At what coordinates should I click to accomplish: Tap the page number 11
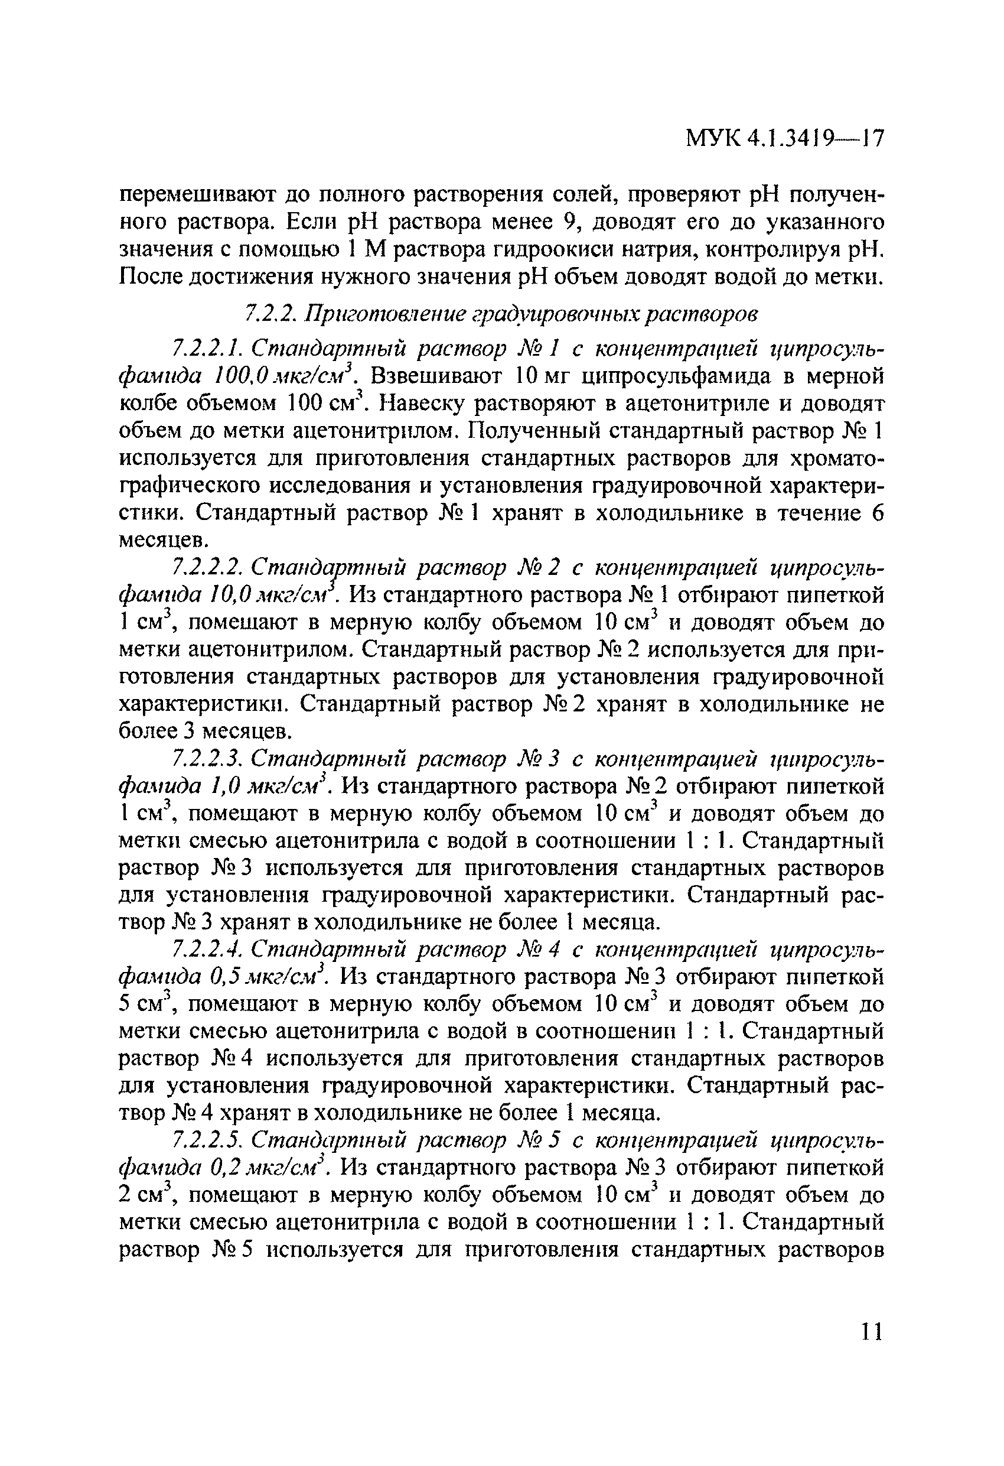pos(871,1332)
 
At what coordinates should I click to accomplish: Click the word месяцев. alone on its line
pos(162,541)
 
